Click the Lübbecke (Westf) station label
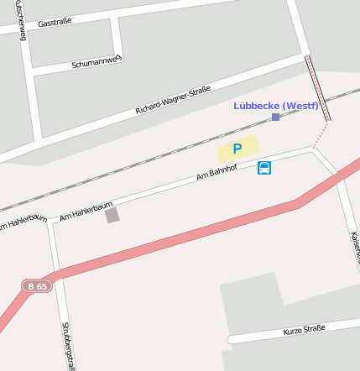coord(276,105)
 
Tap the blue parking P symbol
coord(237,149)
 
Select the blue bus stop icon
coord(264,167)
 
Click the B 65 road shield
coord(37,286)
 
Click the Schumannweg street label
coord(97,61)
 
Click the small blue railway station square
coord(275,118)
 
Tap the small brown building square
coord(112,216)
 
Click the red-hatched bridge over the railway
coord(317,88)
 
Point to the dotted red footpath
coord(320,134)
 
